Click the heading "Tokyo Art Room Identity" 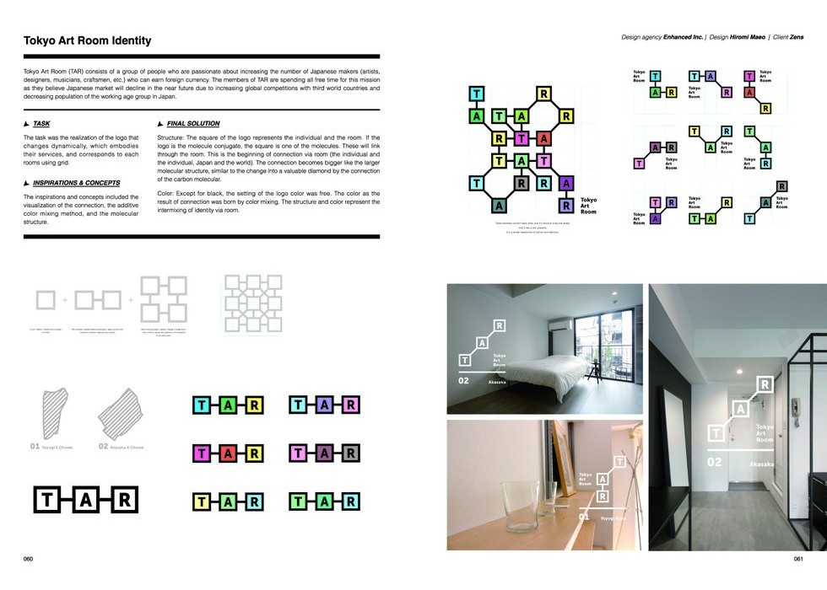pos(87,40)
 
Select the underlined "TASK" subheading pos(41,124)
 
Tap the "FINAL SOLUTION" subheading pos(193,124)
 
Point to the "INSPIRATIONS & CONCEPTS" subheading pos(76,183)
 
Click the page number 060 pos(28,559)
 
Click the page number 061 pos(798,559)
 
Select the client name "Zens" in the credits pos(795,37)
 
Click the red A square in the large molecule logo pos(543,138)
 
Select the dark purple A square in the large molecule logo pos(565,182)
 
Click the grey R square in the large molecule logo pos(522,182)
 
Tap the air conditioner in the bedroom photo pos(562,323)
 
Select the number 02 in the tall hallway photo pos(715,462)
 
